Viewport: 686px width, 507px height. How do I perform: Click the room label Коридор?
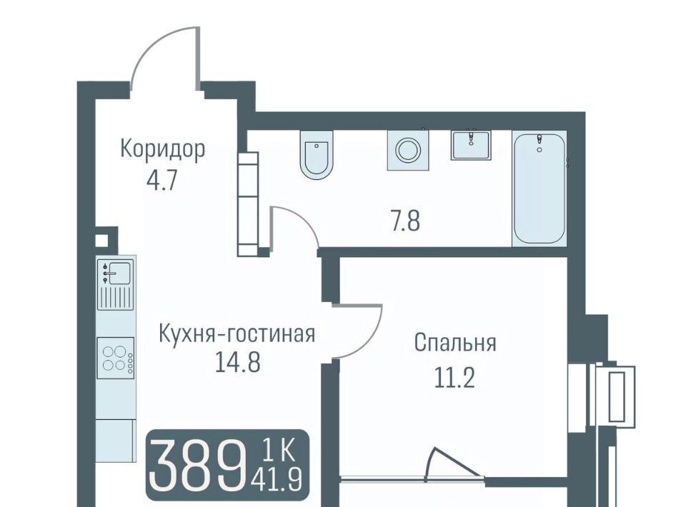[162, 150]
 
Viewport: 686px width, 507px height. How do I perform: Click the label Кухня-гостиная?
[237, 334]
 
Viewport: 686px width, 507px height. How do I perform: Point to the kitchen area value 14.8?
[238, 362]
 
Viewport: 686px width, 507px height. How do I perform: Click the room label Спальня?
[455, 343]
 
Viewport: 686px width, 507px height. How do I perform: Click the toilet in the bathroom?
[317, 154]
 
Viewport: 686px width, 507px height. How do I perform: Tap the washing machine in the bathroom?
[408, 150]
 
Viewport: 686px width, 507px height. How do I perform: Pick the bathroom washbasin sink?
[471, 145]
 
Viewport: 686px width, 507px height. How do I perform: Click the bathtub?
[540, 189]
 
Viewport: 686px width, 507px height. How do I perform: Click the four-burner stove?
[116, 358]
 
